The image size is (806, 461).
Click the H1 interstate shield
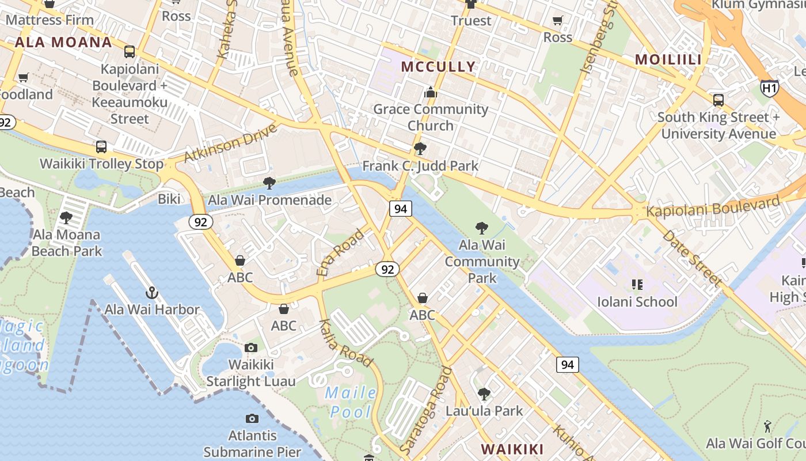[x=769, y=88]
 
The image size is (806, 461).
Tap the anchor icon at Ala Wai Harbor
[x=152, y=293]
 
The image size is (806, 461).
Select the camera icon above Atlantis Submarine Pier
[x=252, y=418]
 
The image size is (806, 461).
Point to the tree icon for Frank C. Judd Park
[x=420, y=149]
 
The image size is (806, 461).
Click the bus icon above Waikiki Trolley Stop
[x=101, y=146]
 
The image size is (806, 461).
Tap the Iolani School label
[x=637, y=301]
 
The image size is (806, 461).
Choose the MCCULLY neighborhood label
[x=439, y=66]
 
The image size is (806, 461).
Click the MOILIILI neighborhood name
[x=668, y=59]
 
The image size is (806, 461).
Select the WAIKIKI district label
[x=512, y=449]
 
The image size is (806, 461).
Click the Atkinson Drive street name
[x=230, y=142]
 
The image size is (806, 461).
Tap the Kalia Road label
[x=345, y=343]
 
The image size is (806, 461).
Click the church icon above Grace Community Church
[x=430, y=92]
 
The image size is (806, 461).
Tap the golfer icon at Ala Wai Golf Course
[x=767, y=426]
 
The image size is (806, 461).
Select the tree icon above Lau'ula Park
[x=484, y=394]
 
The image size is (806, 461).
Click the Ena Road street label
[x=340, y=252]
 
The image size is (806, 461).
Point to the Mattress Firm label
[x=50, y=20]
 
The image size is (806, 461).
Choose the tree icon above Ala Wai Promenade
[x=269, y=183]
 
